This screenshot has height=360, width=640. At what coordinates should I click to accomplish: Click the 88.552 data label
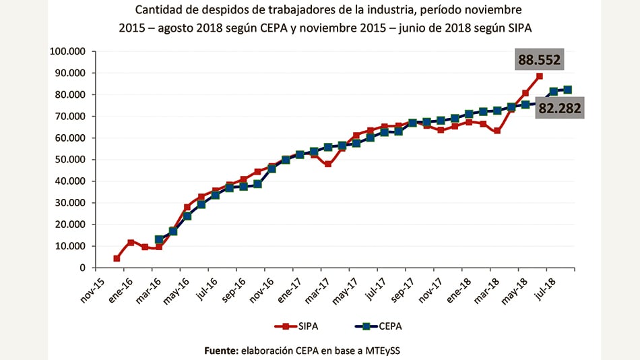click(539, 60)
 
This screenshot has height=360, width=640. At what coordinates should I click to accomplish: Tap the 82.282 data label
click(559, 108)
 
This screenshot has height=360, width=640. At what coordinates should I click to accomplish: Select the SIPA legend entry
click(297, 326)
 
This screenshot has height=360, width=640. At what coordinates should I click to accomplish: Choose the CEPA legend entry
click(377, 326)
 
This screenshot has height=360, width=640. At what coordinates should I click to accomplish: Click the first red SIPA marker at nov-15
click(117, 258)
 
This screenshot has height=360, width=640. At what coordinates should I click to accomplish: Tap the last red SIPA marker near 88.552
click(540, 76)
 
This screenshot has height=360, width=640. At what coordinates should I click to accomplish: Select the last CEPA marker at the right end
click(568, 90)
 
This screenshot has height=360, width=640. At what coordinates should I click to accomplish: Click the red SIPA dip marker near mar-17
click(328, 164)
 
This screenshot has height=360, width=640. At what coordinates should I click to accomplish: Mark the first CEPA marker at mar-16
click(159, 239)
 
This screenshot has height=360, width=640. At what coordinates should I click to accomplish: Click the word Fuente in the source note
click(221, 351)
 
